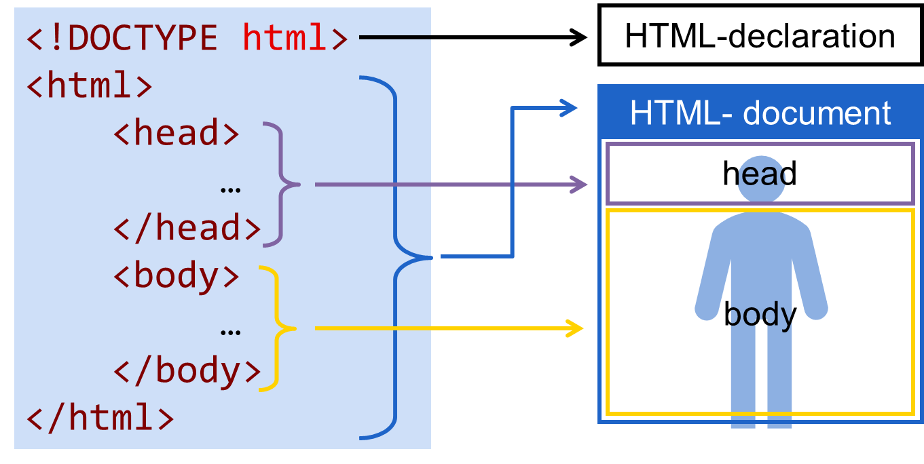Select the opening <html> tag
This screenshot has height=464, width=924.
click(x=89, y=86)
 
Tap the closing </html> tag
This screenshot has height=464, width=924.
click(x=100, y=418)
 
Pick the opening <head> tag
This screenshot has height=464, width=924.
click(x=177, y=134)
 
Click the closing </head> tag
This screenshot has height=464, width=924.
click(x=187, y=229)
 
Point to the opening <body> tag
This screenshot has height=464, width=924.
click(x=177, y=276)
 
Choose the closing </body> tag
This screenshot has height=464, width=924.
click(x=187, y=371)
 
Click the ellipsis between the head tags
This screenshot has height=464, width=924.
click(x=231, y=189)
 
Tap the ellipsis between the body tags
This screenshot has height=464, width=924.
click(x=231, y=332)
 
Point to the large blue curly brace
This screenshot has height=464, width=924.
click(x=396, y=257)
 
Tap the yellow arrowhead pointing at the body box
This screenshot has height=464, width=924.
click(x=576, y=328)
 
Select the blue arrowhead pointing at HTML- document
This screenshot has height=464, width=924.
click(x=569, y=107)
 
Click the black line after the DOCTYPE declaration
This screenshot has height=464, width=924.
click(x=394, y=38)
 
